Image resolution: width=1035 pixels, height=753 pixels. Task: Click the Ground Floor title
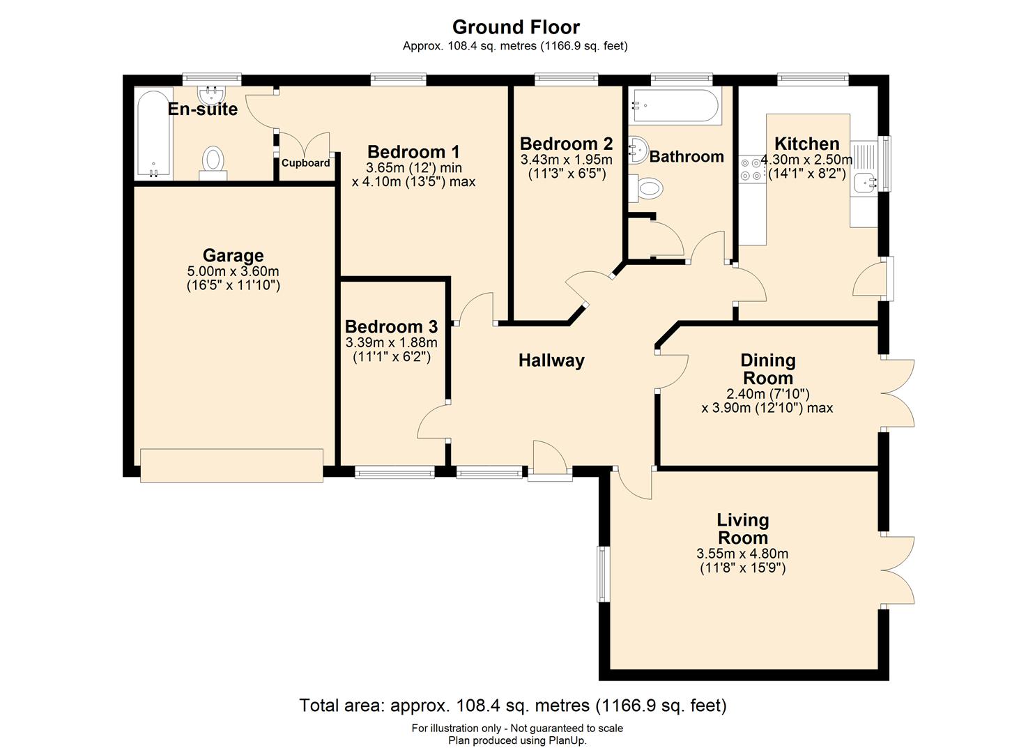pos(516,27)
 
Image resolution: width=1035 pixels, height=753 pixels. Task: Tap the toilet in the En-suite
pos(213,162)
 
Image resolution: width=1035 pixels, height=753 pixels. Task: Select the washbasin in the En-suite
pos(212,96)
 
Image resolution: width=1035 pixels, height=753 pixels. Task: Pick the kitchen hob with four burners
pos(752,169)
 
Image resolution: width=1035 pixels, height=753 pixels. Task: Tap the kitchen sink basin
pos(864,183)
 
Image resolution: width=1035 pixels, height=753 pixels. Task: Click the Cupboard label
pos(305,163)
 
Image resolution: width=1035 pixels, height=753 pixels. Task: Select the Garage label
pos(233,255)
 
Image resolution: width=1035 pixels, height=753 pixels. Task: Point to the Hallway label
pos(551,360)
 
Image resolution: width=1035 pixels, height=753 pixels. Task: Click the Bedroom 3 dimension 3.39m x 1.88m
pos(392,342)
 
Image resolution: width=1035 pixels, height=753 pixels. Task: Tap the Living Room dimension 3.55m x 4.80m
pos(742,554)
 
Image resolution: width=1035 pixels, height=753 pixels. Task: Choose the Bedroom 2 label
pos(566,144)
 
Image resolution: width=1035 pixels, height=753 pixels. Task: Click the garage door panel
pos(231,466)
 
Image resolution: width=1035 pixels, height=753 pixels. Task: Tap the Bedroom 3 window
pos(394,471)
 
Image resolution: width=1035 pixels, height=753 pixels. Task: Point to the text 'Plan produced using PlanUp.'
pos(517,740)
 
